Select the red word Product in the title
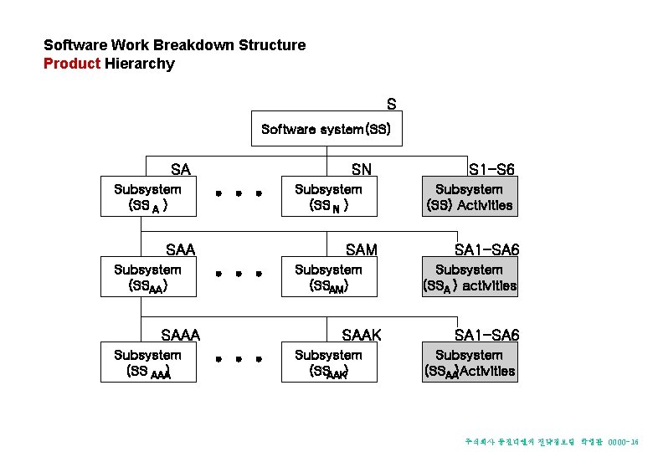(72, 64)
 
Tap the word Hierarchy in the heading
(140, 64)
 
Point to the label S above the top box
(391, 105)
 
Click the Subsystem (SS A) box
(147, 197)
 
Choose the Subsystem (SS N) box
(328, 197)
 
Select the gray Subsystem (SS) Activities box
(469, 197)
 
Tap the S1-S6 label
(491, 170)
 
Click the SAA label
(180, 249)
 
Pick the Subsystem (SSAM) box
(328, 277)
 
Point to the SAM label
(362, 249)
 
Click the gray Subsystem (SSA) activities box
(469, 277)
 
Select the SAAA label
(180, 336)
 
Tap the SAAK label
(362, 336)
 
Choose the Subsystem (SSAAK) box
(328, 362)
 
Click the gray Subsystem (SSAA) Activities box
(469, 362)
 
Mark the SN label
(362, 170)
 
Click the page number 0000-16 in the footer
(624, 440)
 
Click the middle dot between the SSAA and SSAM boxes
(239, 274)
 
